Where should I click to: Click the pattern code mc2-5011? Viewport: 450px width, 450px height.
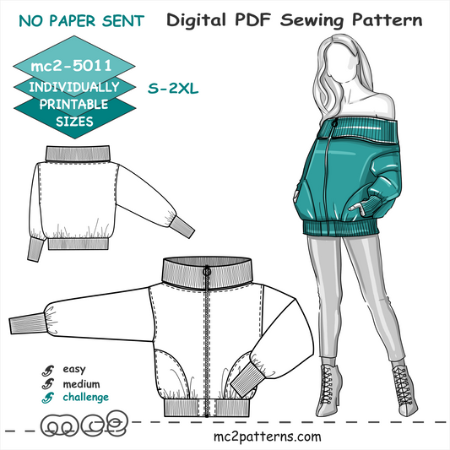pos(71,66)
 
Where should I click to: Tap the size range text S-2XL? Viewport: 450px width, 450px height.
pos(173,89)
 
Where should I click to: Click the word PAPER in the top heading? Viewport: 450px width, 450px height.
pos(72,21)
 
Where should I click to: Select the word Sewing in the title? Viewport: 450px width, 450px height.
pos(312,20)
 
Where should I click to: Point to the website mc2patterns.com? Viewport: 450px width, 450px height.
pos(267,436)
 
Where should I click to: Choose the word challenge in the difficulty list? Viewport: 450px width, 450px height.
pos(86,397)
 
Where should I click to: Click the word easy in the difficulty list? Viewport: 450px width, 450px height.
pos(74,369)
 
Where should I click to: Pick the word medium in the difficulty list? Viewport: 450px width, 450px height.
pos(81,383)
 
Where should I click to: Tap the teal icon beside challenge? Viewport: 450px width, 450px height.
pos(47,398)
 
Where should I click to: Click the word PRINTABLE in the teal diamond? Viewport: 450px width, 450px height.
pos(73,104)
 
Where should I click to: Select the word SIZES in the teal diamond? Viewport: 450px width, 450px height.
pos(74,122)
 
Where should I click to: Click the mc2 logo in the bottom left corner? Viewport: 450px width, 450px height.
pos(84,424)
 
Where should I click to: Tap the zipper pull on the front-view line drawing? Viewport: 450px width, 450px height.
pos(207,271)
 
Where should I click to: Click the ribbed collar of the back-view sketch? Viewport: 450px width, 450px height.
pos(78,154)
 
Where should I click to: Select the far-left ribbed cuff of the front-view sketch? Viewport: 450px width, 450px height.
pos(27,323)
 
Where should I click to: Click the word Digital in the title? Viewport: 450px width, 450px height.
pos(196,20)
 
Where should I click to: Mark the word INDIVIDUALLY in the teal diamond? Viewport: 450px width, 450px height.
pos(74,87)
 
